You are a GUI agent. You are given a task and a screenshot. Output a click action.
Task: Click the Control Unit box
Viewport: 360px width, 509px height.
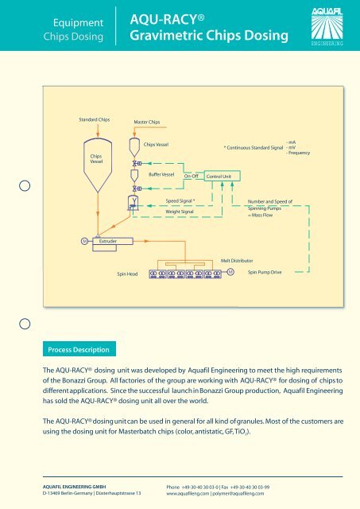tap(223, 176)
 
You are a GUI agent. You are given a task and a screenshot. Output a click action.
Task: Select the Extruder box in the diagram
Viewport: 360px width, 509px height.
tap(113, 241)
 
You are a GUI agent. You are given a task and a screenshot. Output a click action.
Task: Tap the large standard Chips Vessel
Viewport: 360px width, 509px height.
tap(98, 165)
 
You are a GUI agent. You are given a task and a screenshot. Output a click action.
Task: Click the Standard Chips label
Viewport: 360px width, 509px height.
tap(95, 119)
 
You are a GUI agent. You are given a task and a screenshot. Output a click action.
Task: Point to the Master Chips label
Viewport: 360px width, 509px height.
tap(147, 122)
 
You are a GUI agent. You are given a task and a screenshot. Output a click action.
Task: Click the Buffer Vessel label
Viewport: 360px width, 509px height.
tap(161, 174)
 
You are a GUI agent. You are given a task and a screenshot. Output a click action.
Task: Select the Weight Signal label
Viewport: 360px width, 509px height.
tap(180, 212)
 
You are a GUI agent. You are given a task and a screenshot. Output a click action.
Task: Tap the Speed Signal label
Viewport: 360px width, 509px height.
tap(180, 201)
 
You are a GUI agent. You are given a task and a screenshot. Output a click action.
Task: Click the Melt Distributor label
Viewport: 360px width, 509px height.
tap(237, 261)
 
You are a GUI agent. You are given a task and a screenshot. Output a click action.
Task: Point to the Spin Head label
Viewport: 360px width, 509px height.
tap(127, 274)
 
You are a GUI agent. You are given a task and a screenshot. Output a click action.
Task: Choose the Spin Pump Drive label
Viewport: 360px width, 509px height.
tap(265, 272)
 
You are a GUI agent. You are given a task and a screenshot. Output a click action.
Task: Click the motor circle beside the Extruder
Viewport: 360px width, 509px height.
tap(84, 241)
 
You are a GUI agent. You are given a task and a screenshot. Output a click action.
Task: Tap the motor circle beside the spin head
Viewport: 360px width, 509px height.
tap(230, 272)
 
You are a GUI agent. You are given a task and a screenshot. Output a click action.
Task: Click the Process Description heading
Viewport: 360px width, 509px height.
tap(79, 350)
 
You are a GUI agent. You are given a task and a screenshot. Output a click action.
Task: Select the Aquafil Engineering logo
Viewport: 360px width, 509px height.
tap(327, 26)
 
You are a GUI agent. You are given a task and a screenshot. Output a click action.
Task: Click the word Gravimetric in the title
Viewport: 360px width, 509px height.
tap(165, 35)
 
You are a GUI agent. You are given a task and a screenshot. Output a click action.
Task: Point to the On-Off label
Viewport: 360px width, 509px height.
tap(191, 176)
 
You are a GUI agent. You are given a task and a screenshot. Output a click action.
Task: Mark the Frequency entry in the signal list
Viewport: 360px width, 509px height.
tap(298, 153)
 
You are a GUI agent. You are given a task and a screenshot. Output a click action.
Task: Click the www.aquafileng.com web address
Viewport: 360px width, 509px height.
tap(188, 493)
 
